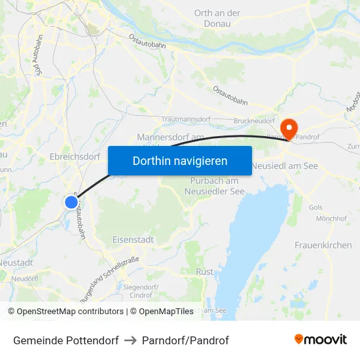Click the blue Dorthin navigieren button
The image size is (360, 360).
[x=180, y=160]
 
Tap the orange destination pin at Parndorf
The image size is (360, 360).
[x=288, y=127]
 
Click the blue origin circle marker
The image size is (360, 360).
[x=71, y=202]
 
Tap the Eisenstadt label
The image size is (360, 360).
[x=134, y=240]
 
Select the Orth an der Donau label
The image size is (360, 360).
[x=218, y=18]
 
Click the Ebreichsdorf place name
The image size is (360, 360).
[x=75, y=156]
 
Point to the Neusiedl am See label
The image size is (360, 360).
[x=285, y=166]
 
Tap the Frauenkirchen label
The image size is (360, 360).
[x=323, y=245]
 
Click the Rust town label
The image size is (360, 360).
[x=205, y=271]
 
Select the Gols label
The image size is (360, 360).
[x=315, y=207]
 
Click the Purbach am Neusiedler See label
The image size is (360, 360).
[x=213, y=186]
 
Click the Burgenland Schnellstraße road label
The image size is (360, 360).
[x=110, y=278]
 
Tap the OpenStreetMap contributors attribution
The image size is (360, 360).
[x=70, y=312]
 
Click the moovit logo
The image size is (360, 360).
[x=320, y=340]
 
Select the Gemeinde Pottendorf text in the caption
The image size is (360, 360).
[x=65, y=340]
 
